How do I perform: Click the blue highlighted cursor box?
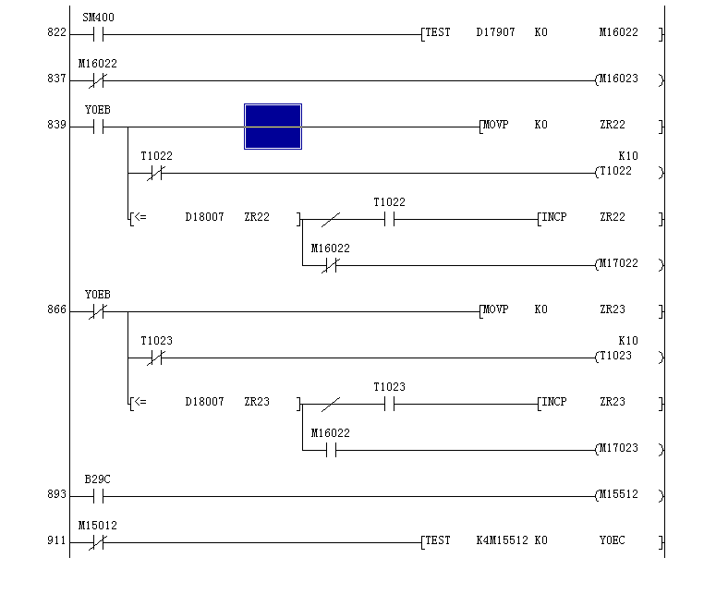point(273,127)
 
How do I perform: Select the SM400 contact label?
point(99,18)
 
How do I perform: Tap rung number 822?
point(57,33)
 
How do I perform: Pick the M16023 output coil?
point(618,79)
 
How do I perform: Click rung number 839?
point(57,126)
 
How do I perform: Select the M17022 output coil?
point(618,264)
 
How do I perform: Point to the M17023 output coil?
point(618,449)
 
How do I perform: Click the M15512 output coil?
point(618,495)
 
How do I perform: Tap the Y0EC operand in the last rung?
point(612,540)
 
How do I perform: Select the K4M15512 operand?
point(502,540)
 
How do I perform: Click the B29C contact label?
point(97,480)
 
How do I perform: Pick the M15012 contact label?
point(97,527)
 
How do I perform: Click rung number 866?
point(57,310)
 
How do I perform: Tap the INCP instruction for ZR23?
point(554,402)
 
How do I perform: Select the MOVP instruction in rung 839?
point(495,125)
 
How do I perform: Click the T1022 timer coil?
point(616,172)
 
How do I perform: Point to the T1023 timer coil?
point(616,357)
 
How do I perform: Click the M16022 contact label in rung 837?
point(97,65)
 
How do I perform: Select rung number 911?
point(57,541)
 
